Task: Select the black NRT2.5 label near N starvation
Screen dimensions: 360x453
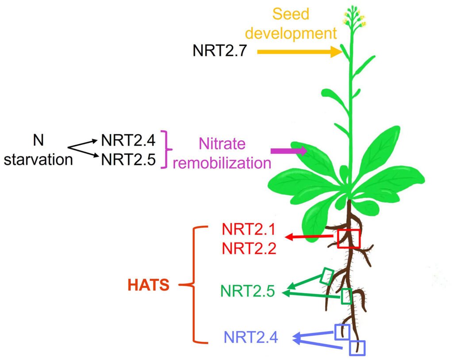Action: (128, 159)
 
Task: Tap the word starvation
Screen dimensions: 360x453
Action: (38, 159)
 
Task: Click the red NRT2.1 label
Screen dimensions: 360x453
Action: (249, 230)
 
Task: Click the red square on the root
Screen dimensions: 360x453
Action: (349, 239)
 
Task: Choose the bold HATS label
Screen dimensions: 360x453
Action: (149, 286)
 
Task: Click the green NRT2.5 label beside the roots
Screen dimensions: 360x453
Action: (248, 291)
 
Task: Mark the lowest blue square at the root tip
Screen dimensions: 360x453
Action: (357, 348)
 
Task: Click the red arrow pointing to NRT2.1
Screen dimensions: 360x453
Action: (310, 237)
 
